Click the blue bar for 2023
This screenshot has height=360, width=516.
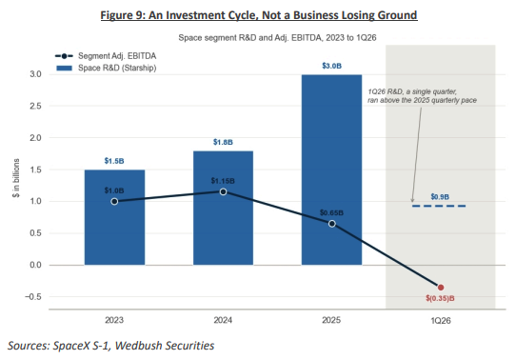pyautogui.click(x=114, y=217)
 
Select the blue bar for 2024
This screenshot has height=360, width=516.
pyautogui.click(x=223, y=208)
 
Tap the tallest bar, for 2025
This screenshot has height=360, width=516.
pyautogui.click(x=331, y=170)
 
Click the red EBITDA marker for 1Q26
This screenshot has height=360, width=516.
pyautogui.click(x=441, y=288)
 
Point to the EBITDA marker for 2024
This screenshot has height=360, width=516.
pyautogui.click(x=223, y=191)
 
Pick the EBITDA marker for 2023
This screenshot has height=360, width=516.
pyautogui.click(x=114, y=201)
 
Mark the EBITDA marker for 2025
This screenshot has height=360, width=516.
pyautogui.click(x=332, y=224)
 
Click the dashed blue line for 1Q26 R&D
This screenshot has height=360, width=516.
pyautogui.click(x=439, y=206)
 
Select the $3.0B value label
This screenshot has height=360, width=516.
pyautogui.click(x=331, y=66)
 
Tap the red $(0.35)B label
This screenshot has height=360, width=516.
pyautogui.click(x=440, y=298)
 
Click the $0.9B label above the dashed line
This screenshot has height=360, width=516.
pyautogui.click(x=440, y=197)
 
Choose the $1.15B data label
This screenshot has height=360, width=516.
pyautogui.click(x=223, y=181)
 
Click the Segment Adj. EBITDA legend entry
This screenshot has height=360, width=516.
pyautogui.click(x=106, y=56)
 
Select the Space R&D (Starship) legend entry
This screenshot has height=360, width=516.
pyautogui.click(x=106, y=68)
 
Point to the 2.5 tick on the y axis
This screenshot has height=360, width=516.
pyautogui.click(x=35, y=106)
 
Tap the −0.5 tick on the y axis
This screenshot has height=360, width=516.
pyautogui.click(x=33, y=297)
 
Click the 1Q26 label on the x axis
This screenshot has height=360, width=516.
pyautogui.click(x=441, y=321)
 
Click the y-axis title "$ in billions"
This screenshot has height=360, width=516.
pyautogui.click(x=16, y=178)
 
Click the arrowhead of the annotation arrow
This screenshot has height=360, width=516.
pyautogui.click(x=412, y=200)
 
